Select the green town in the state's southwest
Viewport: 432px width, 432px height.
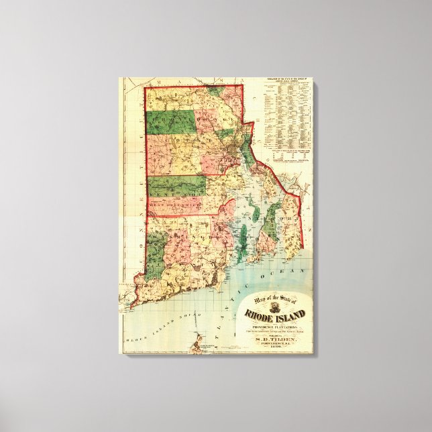[x=156, y=255]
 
